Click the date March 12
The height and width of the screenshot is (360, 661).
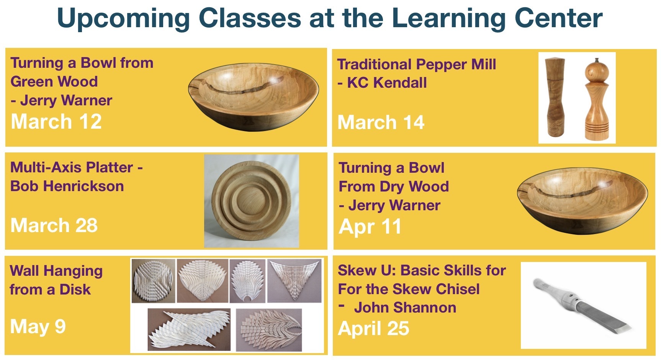[56, 122]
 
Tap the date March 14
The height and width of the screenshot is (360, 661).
[381, 123]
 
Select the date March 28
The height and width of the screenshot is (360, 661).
[54, 225]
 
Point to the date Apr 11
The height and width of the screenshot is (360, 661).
[370, 226]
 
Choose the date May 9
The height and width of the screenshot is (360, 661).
[38, 327]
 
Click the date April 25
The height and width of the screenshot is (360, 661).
[374, 329]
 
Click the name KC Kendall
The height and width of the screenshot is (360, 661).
[387, 83]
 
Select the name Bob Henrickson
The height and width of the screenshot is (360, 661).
[67, 186]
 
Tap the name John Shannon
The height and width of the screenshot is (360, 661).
[405, 308]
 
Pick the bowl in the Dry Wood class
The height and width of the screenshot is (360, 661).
[582, 201]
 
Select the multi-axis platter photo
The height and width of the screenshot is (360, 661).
[251, 201]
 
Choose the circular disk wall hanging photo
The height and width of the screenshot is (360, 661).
[154, 281]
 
